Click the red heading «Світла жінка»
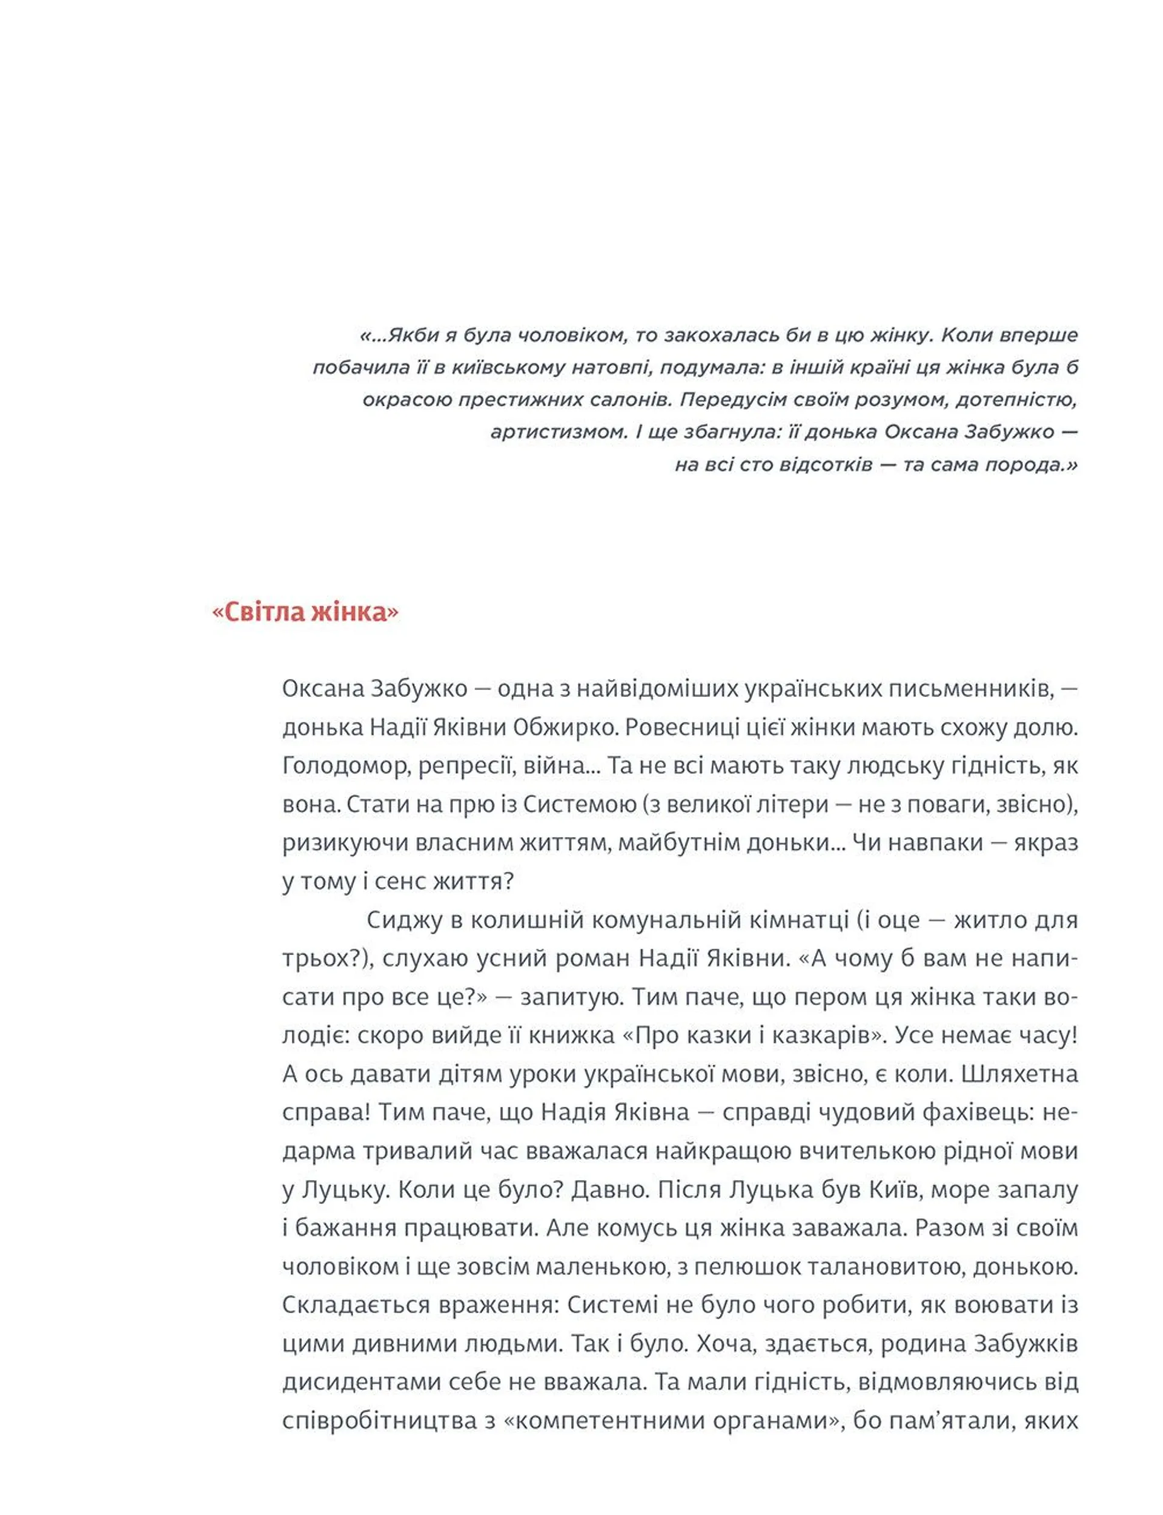coord(305,612)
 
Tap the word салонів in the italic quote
coord(631,400)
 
